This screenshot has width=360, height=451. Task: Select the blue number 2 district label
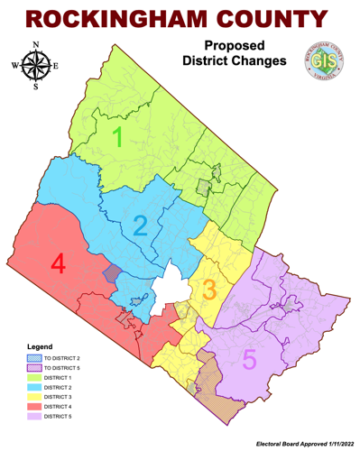141,225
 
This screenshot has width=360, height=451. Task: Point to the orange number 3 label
208,290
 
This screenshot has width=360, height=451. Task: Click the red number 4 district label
58,264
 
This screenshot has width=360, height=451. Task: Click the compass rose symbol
35,65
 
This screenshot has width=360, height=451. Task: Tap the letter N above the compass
35,44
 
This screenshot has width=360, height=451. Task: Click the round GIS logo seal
318,63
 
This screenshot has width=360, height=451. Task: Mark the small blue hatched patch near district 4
112,272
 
